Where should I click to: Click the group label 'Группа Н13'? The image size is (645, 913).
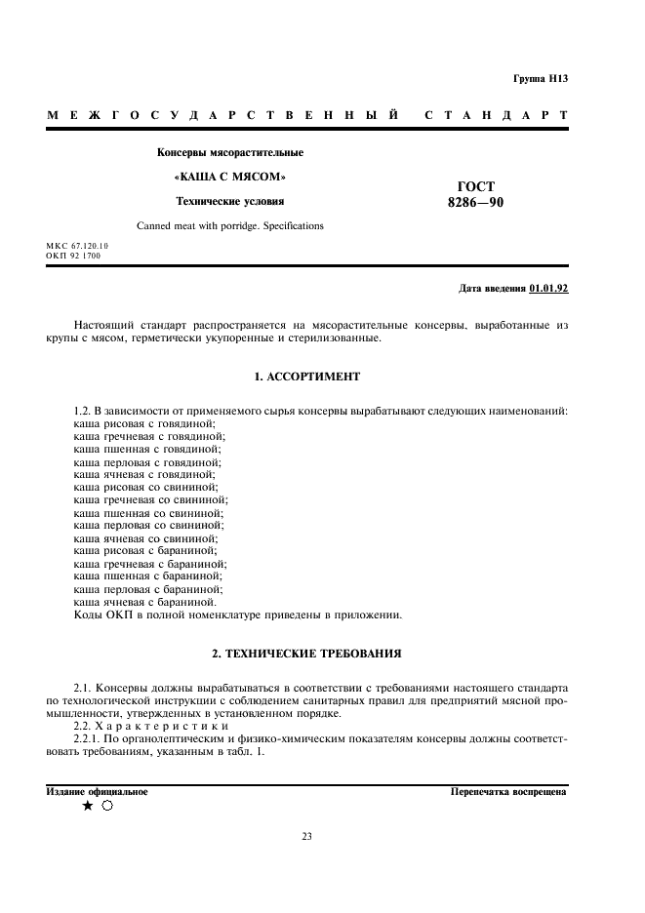click(540, 78)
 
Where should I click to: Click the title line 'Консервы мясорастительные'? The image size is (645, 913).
click(230, 152)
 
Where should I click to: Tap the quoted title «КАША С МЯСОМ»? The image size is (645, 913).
click(229, 177)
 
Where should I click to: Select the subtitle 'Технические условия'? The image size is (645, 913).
click(229, 202)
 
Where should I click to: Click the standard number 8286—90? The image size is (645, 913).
click(475, 203)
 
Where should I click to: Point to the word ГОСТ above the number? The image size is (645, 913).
click(475, 185)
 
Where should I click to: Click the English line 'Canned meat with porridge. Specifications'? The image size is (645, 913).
click(230, 226)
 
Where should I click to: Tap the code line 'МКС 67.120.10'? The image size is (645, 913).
click(77, 246)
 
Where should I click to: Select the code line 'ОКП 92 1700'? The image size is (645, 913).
click(73, 256)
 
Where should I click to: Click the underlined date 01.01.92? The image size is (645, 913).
click(549, 289)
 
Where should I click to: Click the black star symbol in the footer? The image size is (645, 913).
click(88, 806)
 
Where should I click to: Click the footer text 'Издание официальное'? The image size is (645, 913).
click(97, 791)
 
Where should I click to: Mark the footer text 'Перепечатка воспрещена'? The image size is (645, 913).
click(508, 792)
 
